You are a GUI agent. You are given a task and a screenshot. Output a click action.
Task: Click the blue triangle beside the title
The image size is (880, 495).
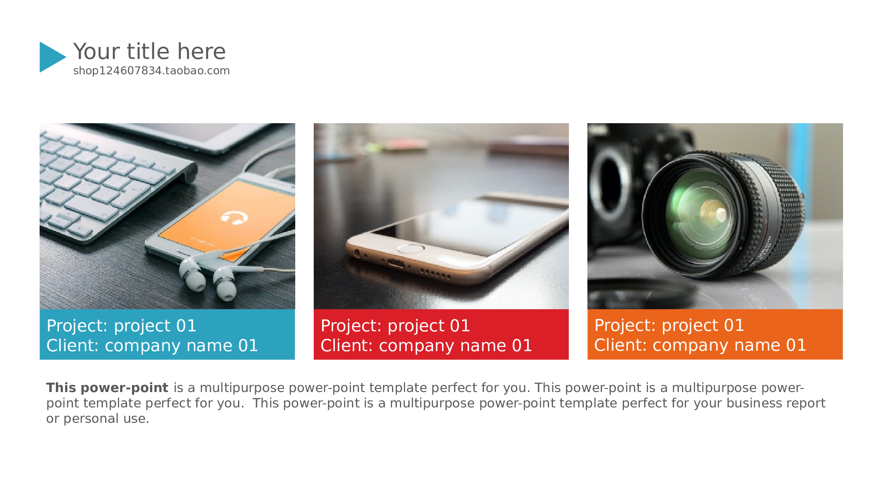(51, 57)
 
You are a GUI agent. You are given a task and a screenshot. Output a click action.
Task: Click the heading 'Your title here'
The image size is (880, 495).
(150, 51)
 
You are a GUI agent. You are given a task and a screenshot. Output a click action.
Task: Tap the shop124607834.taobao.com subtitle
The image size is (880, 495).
(151, 71)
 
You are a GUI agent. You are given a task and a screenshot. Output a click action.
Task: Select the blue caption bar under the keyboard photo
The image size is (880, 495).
(167, 334)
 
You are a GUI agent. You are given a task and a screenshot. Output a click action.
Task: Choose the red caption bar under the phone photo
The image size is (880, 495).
(441, 334)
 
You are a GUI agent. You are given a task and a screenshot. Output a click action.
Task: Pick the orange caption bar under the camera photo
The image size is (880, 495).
(715, 334)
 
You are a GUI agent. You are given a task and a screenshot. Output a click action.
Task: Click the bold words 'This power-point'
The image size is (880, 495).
(107, 388)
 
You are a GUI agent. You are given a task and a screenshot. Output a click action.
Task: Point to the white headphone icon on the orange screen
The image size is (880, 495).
(234, 217)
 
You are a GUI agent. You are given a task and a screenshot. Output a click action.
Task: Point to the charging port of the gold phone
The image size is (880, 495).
(396, 264)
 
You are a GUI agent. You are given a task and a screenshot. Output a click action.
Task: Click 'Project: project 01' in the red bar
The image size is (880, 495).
(396, 326)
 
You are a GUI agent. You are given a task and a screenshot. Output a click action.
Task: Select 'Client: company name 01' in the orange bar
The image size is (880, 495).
(700, 345)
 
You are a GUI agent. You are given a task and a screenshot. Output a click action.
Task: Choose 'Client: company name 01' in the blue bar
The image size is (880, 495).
(152, 346)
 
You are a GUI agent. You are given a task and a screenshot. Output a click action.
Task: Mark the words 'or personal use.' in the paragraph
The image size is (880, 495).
(98, 418)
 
